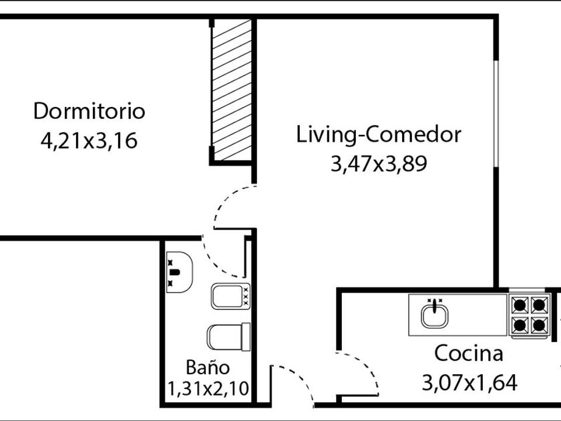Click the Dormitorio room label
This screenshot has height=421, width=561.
tap(89, 111)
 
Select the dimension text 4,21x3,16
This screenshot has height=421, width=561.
tap(89, 140)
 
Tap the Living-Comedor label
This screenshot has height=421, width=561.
tap(379, 135)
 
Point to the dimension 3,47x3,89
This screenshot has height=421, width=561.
tap(379, 164)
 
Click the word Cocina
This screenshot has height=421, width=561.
tap(469, 353)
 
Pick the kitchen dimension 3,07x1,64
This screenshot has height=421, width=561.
tap(470, 382)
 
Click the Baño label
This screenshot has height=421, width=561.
tap(208, 367)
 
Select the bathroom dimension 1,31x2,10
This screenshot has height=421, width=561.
tap(208, 389)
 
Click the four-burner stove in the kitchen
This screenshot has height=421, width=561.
tap(530, 315)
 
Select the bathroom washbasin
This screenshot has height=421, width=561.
tap(180, 272)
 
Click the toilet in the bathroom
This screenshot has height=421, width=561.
tap(228, 337)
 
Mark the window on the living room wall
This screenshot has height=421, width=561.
tap(496, 114)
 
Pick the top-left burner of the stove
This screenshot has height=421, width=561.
tap(520, 305)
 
